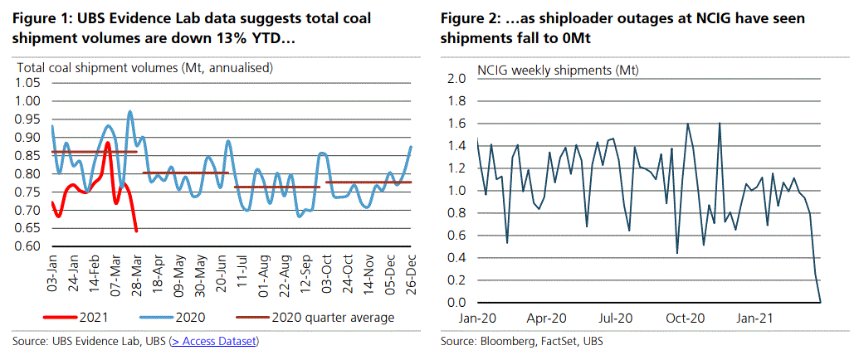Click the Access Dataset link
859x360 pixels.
click(214, 341)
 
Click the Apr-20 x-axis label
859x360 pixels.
click(548, 317)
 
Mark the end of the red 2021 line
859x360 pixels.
click(136, 231)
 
